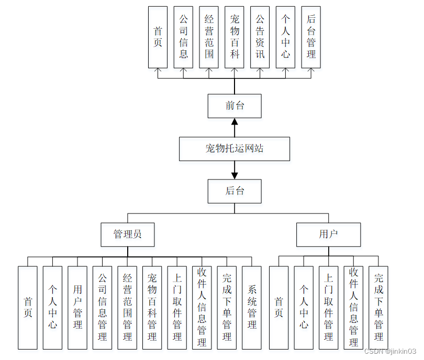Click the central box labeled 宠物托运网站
pyautogui.click(x=235, y=149)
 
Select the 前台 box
pyautogui.click(x=235, y=106)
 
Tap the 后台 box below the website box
pyautogui.click(x=235, y=191)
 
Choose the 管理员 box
pyautogui.click(x=128, y=234)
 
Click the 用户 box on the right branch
pyautogui.click(x=328, y=234)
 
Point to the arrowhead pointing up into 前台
pyautogui.click(x=235, y=121)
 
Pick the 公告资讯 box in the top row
pyautogui.click(x=260, y=37)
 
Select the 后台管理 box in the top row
pyautogui.click(x=311, y=37)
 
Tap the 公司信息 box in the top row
pyautogui.click(x=183, y=37)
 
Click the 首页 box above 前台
pyautogui.click(x=158, y=37)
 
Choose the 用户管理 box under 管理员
pyautogui.click(x=77, y=307)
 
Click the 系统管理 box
pyautogui.click(x=252, y=307)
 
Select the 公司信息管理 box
pyautogui.click(x=103, y=307)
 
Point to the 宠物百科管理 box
pyautogui.click(x=152, y=307)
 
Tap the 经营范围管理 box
pyautogui.click(x=127, y=307)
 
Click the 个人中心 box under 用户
pyautogui.click(x=304, y=307)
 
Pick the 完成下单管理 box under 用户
pyautogui.click(x=378, y=307)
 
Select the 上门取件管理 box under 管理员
pyautogui.click(x=177, y=307)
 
